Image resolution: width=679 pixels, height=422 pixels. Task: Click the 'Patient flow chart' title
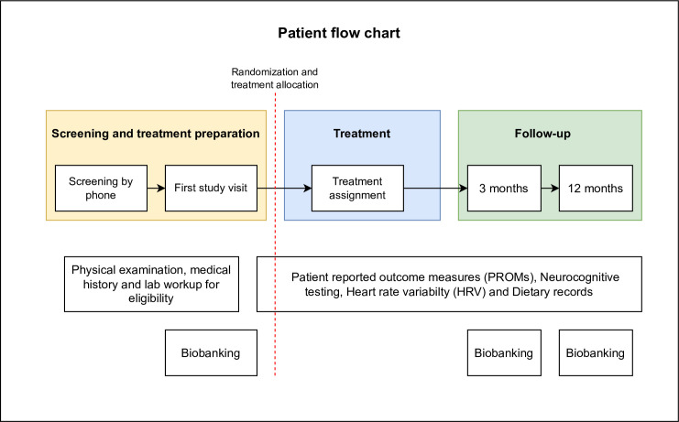(x=339, y=33)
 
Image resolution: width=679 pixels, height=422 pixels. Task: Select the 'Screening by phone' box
(x=102, y=188)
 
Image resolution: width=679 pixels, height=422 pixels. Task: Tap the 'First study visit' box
(x=211, y=188)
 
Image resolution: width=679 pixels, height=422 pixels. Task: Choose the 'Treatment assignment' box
(x=357, y=188)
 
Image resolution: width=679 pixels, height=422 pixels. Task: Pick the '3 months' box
(x=504, y=188)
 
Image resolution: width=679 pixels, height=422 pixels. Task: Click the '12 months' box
(x=596, y=188)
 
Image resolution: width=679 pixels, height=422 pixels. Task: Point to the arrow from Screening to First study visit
(x=157, y=188)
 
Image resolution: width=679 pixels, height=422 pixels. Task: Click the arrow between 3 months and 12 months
(x=550, y=188)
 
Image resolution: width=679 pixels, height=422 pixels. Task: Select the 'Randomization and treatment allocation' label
(x=275, y=78)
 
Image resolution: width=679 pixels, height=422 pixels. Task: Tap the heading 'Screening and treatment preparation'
(x=156, y=134)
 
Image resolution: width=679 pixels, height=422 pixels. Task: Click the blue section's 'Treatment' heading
(x=362, y=134)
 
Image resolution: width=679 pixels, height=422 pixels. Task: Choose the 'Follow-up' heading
(x=542, y=134)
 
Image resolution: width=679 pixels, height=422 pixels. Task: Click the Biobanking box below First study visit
(x=211, y=352)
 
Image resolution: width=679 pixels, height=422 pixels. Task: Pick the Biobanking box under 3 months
(x=504, y=352)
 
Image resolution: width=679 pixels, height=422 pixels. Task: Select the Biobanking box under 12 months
(x=596, y=352)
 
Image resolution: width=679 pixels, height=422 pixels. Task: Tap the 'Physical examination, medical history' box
(x=151, y=284)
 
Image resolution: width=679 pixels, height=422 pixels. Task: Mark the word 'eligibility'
(x=151, y=298)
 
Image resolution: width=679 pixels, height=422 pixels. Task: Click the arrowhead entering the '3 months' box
(x=464, y=188)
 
